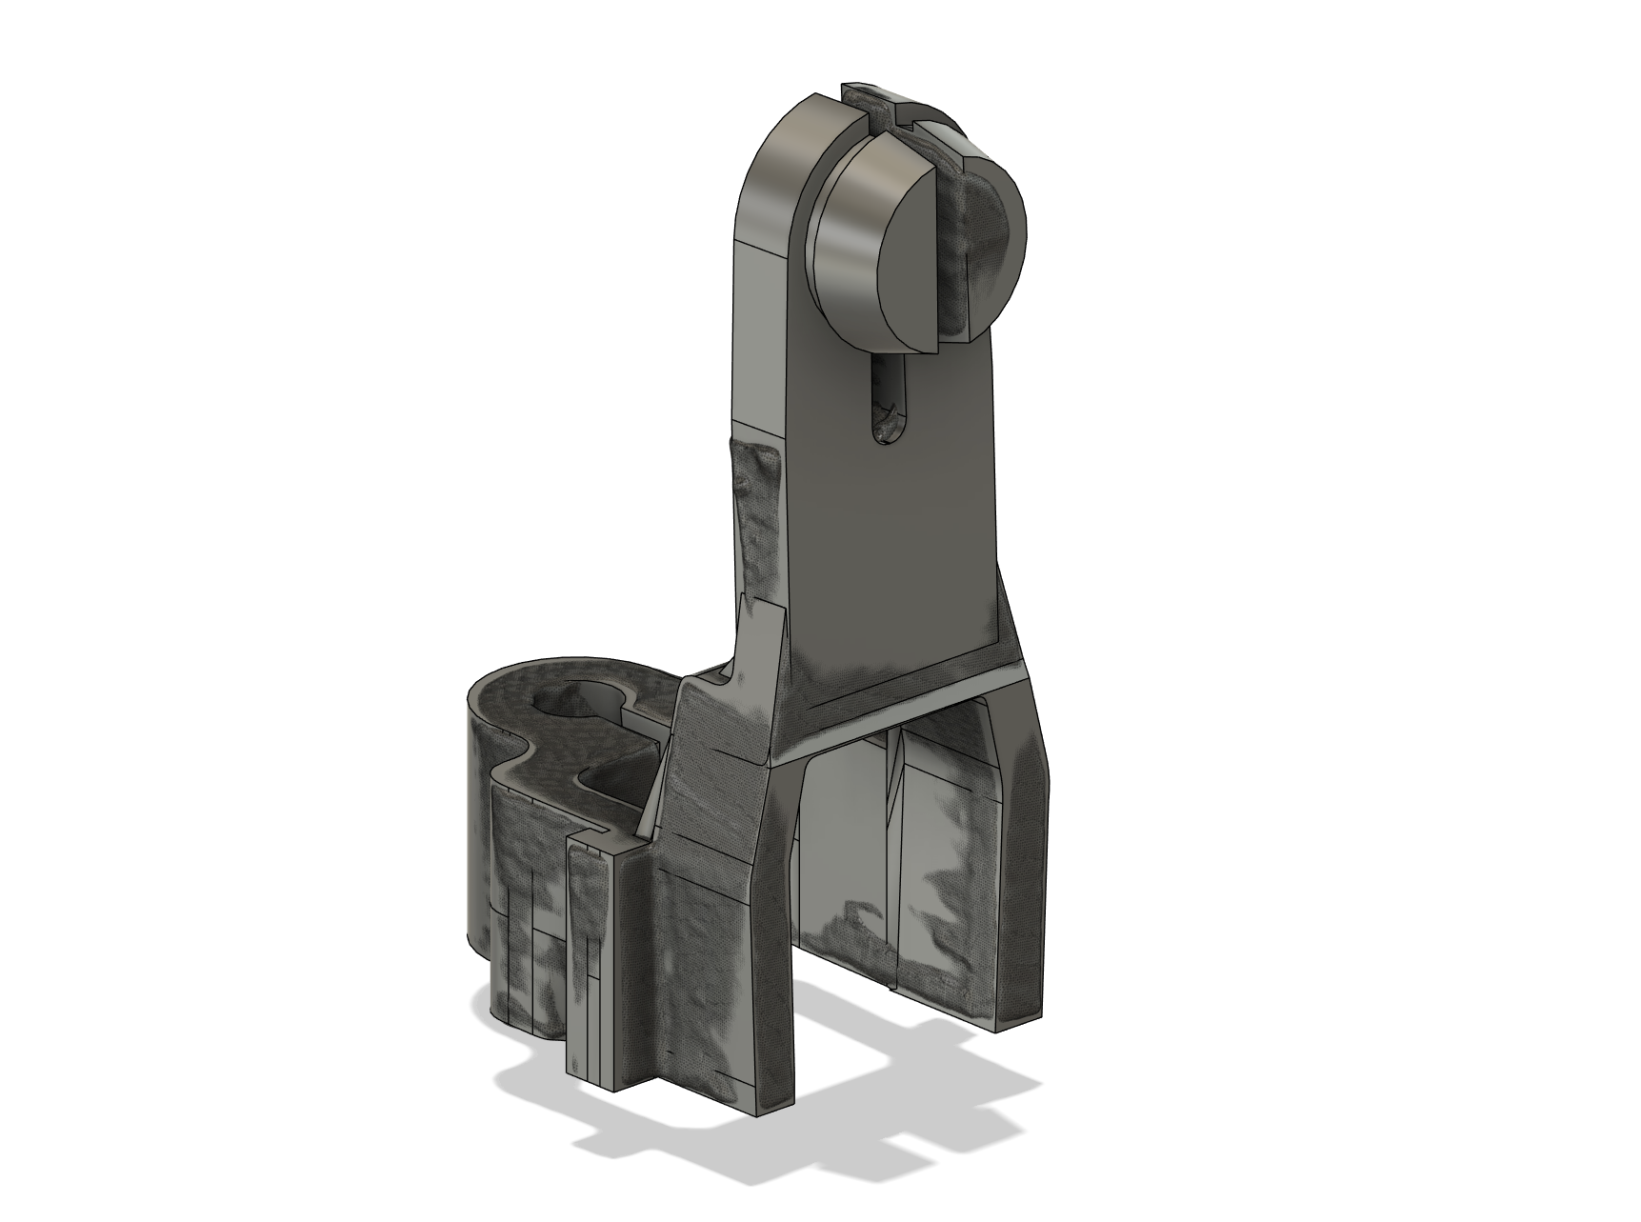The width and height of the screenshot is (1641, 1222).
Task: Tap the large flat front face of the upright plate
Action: pyautogui.click(x=895, y=533)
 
